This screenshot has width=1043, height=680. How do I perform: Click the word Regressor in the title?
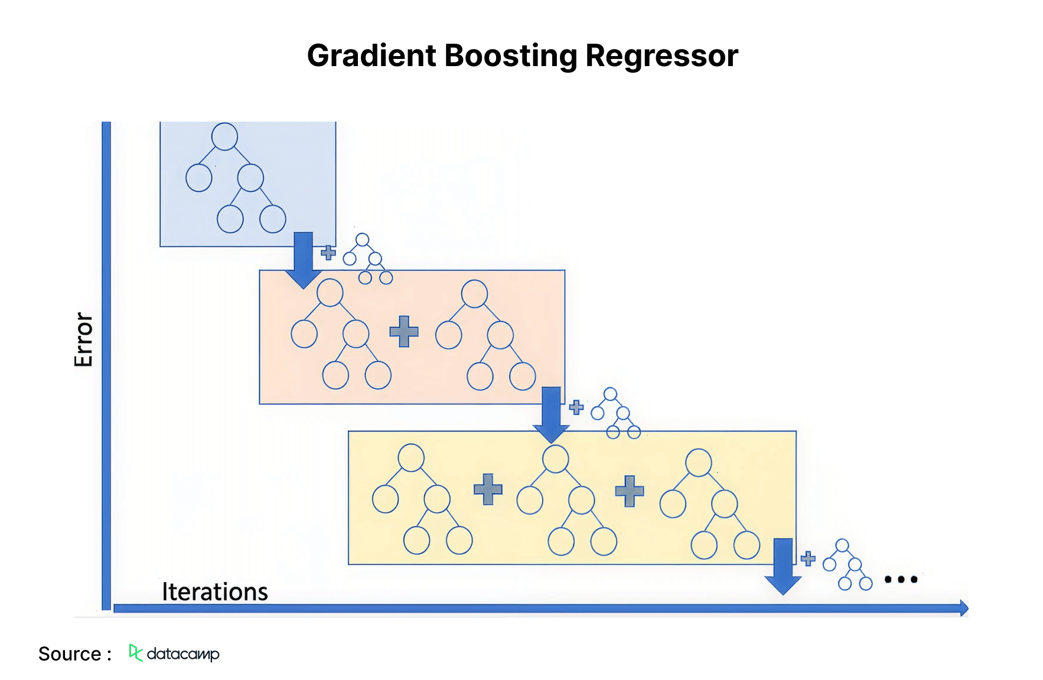pos(661,57)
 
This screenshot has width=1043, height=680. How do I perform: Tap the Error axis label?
pos(83,339)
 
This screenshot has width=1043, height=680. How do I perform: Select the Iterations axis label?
pos(214,591)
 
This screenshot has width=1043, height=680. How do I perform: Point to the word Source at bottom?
pos(70,654)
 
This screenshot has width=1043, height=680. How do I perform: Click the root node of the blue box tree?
pos(224,136)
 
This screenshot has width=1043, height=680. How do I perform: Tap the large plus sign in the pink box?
pos(404,331)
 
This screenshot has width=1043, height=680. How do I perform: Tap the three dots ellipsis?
pos(900,579)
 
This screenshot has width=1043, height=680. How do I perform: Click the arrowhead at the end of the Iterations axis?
pos(964,608)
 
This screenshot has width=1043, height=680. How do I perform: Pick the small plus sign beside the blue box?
pos(328,253)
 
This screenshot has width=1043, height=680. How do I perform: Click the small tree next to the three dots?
pos(848,565)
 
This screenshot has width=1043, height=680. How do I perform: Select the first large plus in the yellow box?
pos(488,489)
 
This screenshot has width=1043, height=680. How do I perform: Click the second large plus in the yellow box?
pos(629,491)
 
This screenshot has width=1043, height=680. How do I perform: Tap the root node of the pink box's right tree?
pos(474,294)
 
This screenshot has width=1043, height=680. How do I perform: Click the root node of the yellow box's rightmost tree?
pos(698,462)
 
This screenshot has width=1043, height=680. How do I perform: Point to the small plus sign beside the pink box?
pos(576,407)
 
